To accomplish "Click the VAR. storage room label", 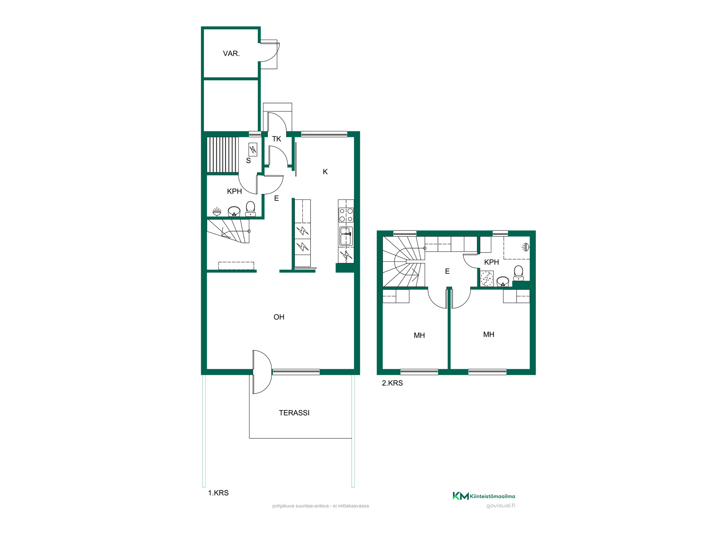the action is [x=231, y=53].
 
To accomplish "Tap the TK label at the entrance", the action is [x=277, y=139].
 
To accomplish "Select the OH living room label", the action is [x=279, y=317].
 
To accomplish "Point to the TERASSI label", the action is [x=294, y=413].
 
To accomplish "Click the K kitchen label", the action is [x=325, y=172].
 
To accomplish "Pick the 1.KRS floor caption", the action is [x=218, y=493].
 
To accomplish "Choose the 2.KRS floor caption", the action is [x=392, y=383].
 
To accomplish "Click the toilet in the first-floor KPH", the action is [x=251, y=209].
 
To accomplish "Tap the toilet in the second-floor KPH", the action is [x=518, y=273].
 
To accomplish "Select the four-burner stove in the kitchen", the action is [x=346, y=215].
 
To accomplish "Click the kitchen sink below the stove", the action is [x=346, y=236].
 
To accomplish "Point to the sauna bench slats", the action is [x=222, y=155].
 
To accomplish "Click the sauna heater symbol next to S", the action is [x=253, y=149].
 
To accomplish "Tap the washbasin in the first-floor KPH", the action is [x=234, y=212].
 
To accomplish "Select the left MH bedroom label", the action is [x=419, y=336].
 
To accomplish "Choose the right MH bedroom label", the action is [x=489, y=335].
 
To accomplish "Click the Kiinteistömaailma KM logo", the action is [x=484, y=496].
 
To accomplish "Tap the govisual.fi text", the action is [x=501, y=506].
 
